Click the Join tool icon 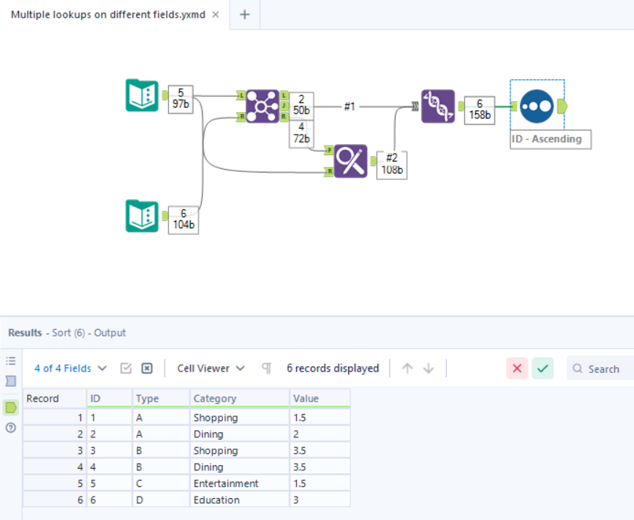263,106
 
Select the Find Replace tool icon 350,161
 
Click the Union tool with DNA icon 438,106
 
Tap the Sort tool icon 537,106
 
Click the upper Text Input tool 142,95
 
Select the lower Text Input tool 142,216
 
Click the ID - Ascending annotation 550,139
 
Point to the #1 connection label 350,107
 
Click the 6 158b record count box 479,110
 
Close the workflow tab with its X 216,15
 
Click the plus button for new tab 245,15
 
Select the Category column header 215,399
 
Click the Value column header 306,399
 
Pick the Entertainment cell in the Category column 226,483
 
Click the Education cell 216,500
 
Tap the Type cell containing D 140,500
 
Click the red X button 517,369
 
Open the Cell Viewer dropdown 211,369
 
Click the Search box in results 603,369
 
